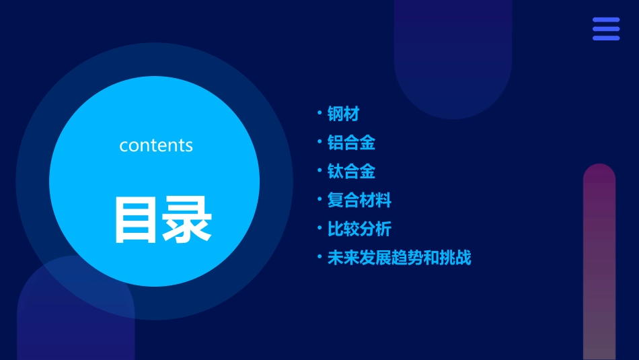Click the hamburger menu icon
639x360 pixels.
(x=606, y=29)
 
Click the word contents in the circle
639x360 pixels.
(x=156, y=145)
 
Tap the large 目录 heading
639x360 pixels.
(x=163, y=219)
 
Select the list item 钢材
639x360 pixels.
(x=343, y=114)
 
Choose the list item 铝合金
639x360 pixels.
(x=351, y=143)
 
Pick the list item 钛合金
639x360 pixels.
(x=351, y=172)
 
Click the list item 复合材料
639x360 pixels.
(x=359, y=201)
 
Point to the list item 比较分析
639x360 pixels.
(x=359, y=229)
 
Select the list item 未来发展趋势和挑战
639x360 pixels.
(x=399, y=258)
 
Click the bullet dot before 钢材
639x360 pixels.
(x=319, y=112)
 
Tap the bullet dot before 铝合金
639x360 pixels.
(x=319, y=141)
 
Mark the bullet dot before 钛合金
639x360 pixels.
(x=319, y=170)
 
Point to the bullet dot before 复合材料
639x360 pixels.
(x=319, y=199)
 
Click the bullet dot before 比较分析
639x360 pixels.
(x=319, y=228)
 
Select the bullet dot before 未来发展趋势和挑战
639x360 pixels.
(x=319, y=256)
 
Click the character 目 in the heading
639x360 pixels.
(x=137, y=219)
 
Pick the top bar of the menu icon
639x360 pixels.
(x=606, y=20)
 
